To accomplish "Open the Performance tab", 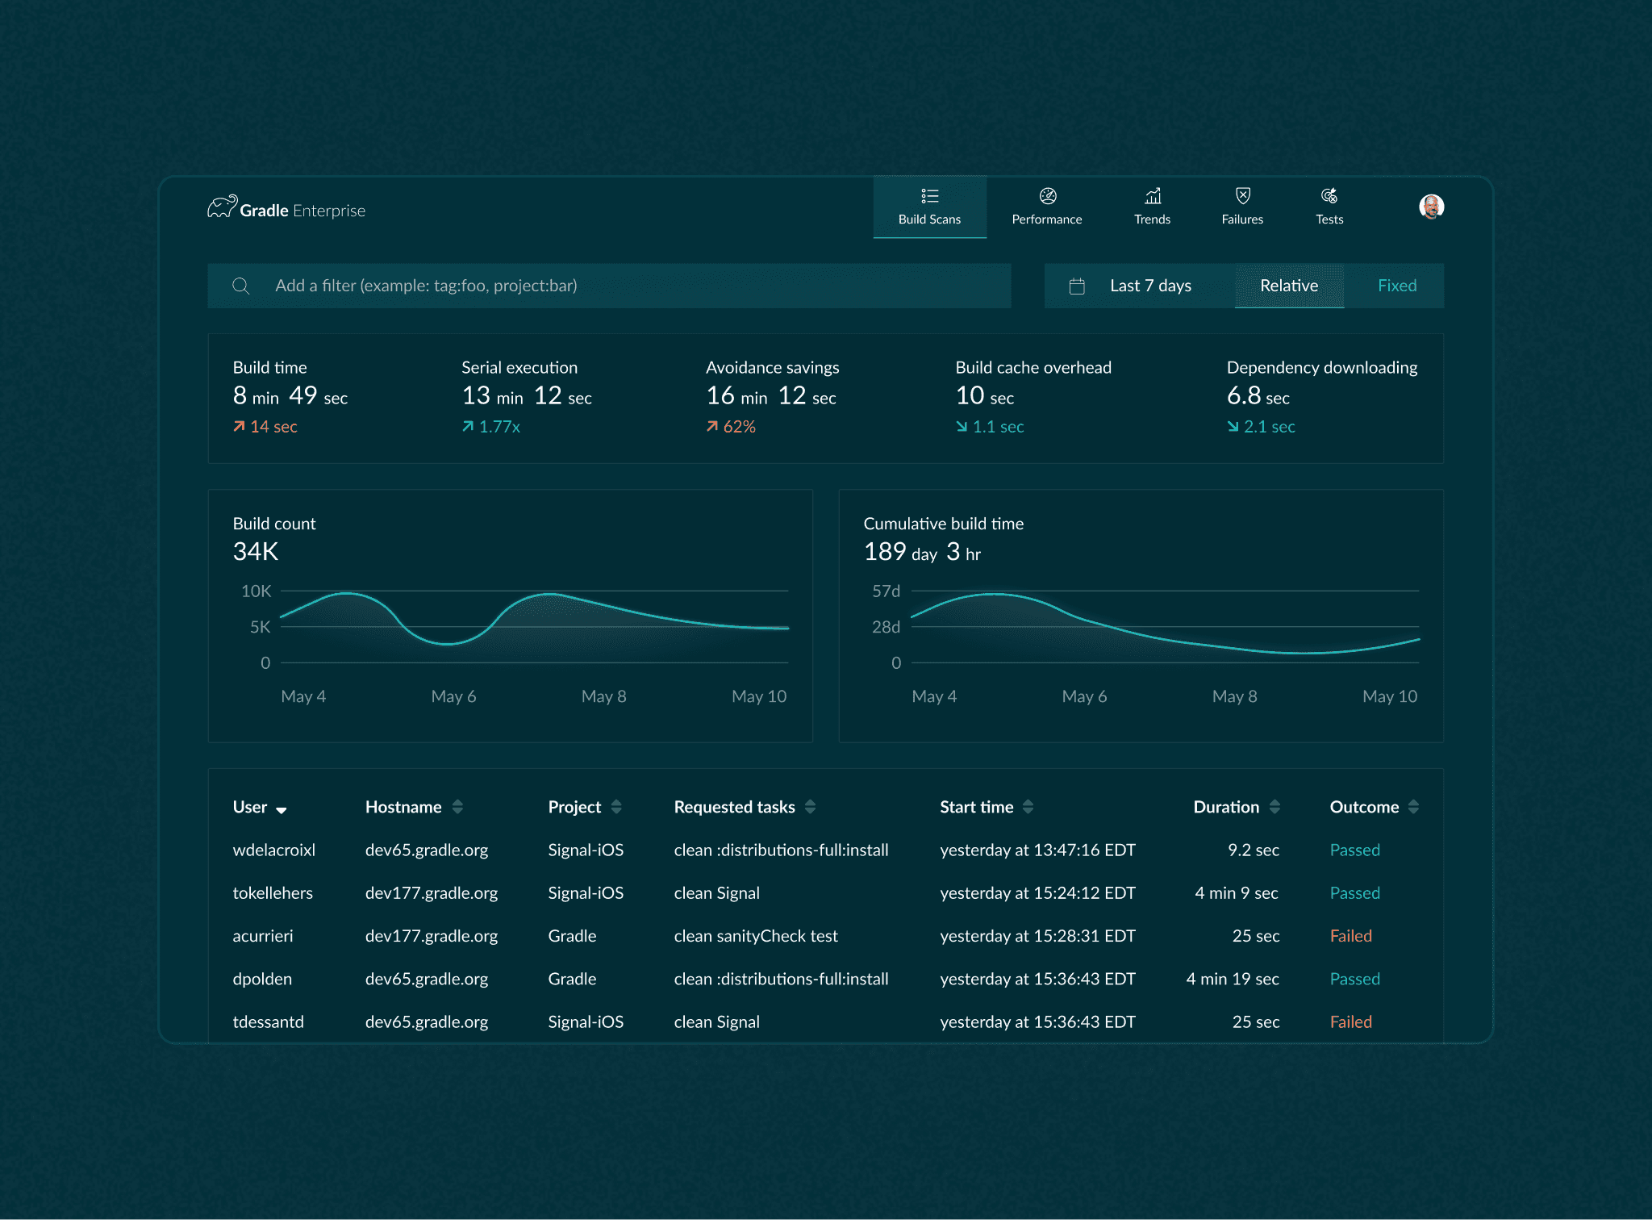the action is point(1047,207).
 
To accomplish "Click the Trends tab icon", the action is point(1153,196).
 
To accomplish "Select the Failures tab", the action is point(1242,207).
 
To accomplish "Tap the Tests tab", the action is point(1329,207).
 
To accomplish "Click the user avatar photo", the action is point(1432,207).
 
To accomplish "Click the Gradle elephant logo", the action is point(223,207).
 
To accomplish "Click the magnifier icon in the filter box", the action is point(240,286).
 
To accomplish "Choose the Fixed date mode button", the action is point(1397,286).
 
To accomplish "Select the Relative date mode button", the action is point(1289,286).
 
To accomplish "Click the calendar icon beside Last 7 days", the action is point(1077,286).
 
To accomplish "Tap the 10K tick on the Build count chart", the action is point(257,591).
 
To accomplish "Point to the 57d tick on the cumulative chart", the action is point(886,591).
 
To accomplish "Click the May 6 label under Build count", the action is point(454,696).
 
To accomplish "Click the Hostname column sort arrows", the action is point(457,806).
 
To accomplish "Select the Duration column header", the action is point(1226,807).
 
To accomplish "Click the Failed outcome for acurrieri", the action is point(1351,936).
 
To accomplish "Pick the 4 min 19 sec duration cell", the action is point(1233,979).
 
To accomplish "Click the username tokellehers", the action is point(273,893).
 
